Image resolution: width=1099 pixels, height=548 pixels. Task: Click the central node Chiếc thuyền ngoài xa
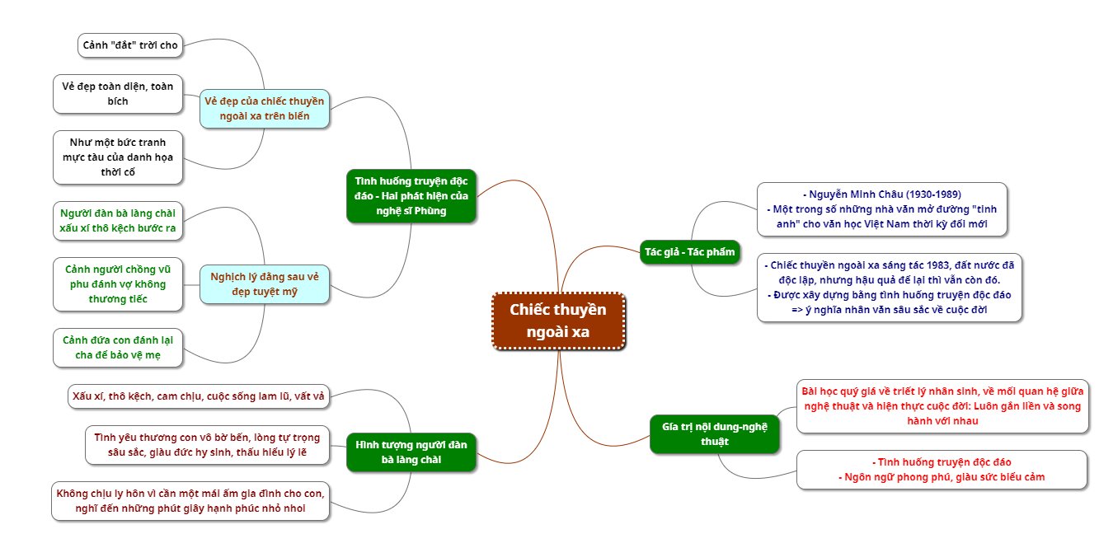click(559, 321)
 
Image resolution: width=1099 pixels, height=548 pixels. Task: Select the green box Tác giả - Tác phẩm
click(689, 251)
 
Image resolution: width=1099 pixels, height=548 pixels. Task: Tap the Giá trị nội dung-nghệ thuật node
click(714, 433)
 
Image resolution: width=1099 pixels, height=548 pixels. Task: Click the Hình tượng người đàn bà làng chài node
click(411, 452)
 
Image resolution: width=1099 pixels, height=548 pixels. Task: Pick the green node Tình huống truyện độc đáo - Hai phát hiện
click(411, 195)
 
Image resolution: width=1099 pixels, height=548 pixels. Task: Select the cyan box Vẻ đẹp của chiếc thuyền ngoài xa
click(264, 108)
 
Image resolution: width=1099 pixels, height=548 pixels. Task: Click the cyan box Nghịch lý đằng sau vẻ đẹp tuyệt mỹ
click(264, 283)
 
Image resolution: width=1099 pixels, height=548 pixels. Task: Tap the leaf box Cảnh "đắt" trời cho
click(130, 45)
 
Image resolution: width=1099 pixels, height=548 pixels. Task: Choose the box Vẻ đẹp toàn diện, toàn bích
click(117, 93)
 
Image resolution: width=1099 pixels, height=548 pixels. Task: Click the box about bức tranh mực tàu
click(117, 157)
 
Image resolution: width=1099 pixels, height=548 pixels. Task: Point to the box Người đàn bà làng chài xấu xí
click(117, 221)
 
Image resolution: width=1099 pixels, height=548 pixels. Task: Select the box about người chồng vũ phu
click(117, 283)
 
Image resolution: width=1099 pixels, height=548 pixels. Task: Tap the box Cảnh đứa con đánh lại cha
click(117, 347)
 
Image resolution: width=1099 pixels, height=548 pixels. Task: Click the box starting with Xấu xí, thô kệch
click(198, 396)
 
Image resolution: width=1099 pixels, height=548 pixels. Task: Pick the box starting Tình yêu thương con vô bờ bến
click(206, 445)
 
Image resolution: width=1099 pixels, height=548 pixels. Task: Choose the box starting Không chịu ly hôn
click(190, 501)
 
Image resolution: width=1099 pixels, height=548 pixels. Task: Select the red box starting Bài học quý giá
click(942, 405)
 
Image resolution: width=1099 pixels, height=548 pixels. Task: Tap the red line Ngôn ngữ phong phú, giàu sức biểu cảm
click(942, 477)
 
